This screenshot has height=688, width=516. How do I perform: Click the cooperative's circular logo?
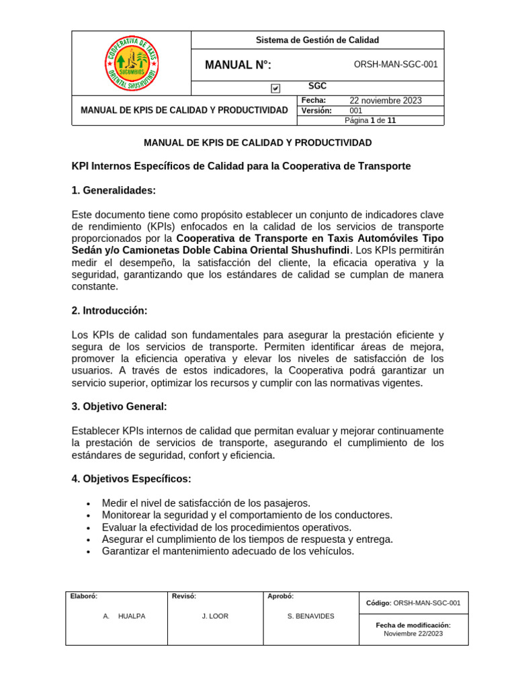click(132, 62)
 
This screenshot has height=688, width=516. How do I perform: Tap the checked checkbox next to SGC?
click(275, 88)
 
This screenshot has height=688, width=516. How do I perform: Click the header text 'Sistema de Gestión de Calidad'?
click(317, 40)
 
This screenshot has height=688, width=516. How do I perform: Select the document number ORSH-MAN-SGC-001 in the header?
click(395, 65)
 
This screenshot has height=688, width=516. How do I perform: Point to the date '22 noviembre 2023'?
click(386, 101)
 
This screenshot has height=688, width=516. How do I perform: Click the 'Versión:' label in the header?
click(316, 111)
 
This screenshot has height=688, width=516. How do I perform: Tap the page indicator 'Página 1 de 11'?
click(370, 121)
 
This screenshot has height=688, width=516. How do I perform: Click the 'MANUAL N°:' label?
click(238, 65)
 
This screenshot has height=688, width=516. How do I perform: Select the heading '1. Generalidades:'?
click(114, 191)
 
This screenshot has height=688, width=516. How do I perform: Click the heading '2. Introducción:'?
click(110, 310)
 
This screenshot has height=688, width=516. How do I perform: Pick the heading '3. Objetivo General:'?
click(119, 406)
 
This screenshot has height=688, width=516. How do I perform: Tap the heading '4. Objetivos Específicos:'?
click(131, 479)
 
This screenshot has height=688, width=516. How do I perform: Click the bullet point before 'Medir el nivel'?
click(89, 504)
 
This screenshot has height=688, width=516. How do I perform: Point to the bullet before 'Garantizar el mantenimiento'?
click(89, 552)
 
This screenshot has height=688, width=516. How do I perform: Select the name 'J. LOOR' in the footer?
click(215, 616)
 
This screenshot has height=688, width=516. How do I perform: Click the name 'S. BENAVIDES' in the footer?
click(310, 616)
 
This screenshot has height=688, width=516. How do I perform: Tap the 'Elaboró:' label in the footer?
click(84, 596)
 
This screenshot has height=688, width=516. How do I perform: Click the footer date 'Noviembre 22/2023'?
click(413, 634)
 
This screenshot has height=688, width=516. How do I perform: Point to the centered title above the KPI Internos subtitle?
click(258, 143)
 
